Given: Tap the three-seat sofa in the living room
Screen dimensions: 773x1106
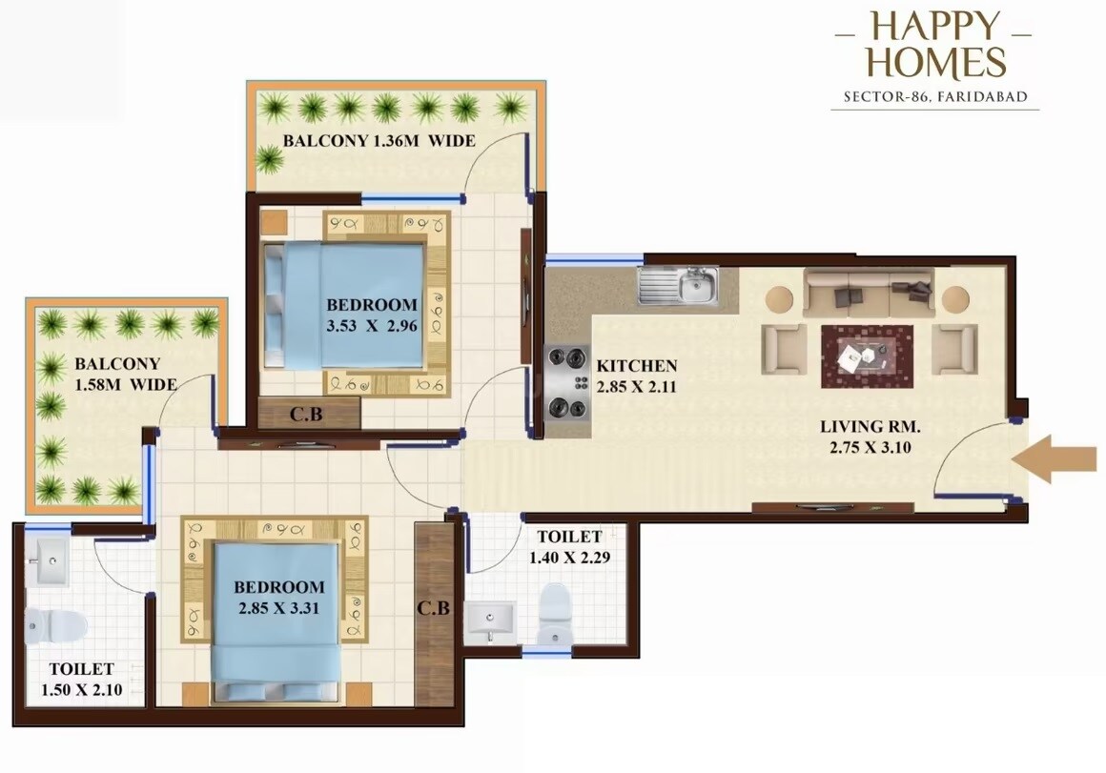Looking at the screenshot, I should (867, 294).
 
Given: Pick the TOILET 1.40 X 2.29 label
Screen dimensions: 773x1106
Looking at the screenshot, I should (569, 546).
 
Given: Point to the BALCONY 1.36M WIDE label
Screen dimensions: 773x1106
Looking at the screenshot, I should (379, 142).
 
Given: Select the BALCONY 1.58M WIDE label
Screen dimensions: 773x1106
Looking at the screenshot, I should (125, 375).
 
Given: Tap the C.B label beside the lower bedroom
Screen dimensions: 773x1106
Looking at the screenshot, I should (433, 608).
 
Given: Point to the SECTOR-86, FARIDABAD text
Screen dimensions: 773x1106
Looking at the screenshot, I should (933, 97).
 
